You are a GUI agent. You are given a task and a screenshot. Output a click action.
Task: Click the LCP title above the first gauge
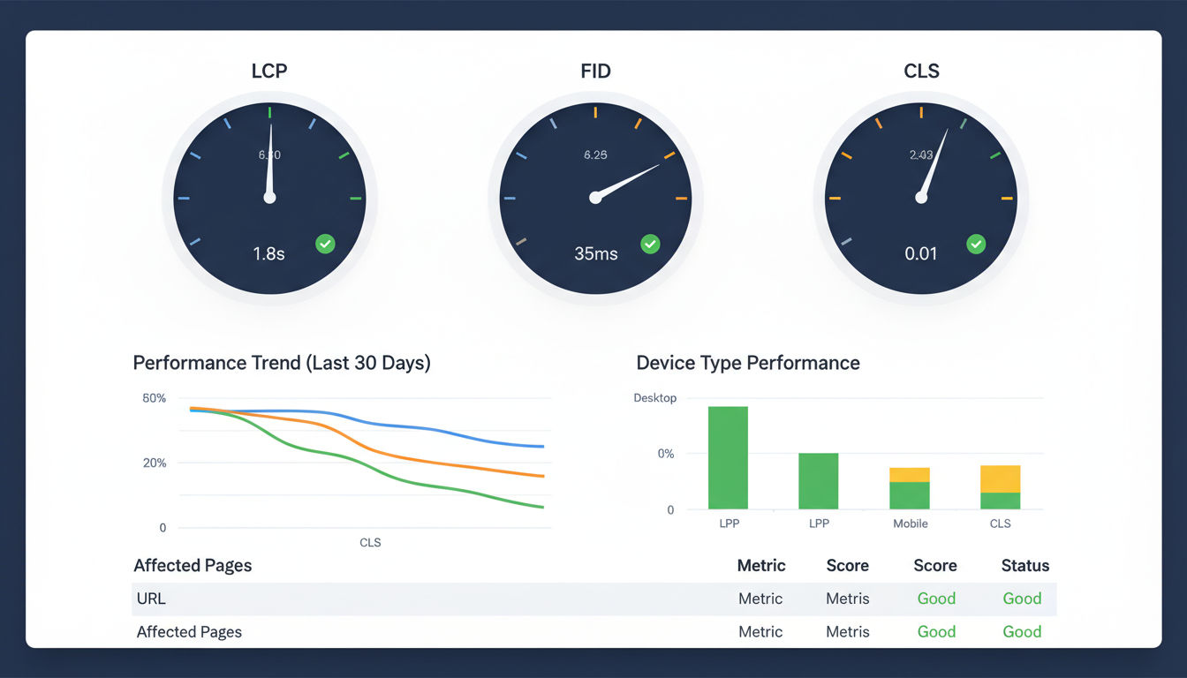point(269,72)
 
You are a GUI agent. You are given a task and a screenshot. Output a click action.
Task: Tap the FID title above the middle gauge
point(595,72)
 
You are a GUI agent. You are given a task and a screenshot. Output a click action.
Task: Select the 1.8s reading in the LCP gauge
point(268,253)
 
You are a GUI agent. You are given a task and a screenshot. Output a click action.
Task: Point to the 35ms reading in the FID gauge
point(595,253)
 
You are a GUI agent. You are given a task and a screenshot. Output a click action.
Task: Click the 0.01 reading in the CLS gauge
point(921,253)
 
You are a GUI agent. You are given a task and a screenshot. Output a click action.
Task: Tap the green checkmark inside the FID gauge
point(650,244)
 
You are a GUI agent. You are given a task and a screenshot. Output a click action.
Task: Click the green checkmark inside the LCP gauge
point(325,244)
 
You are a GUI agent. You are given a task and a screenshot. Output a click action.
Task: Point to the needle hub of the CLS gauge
point(921,198)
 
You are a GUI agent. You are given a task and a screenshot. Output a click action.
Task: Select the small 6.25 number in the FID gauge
point(595,155)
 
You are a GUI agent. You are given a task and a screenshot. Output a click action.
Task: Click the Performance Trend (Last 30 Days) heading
point(282,363)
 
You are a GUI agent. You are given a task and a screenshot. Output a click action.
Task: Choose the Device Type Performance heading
point(748,363)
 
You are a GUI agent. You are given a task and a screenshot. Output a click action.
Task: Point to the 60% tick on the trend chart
point(154,398)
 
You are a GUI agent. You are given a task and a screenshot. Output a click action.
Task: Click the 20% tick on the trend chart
point(154,463)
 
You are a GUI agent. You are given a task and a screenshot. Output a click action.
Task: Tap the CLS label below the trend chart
point(370,542)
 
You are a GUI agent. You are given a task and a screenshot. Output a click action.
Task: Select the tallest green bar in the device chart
point(728,457)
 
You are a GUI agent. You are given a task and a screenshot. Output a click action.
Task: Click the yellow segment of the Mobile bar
point(909,475)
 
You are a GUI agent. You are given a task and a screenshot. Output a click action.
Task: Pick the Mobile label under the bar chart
point(910,524)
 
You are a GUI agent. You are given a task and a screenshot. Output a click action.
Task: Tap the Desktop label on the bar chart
point(655,398)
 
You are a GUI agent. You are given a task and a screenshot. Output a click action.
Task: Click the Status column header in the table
point(1024,566)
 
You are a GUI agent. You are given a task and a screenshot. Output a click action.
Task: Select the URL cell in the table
point(151,599)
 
